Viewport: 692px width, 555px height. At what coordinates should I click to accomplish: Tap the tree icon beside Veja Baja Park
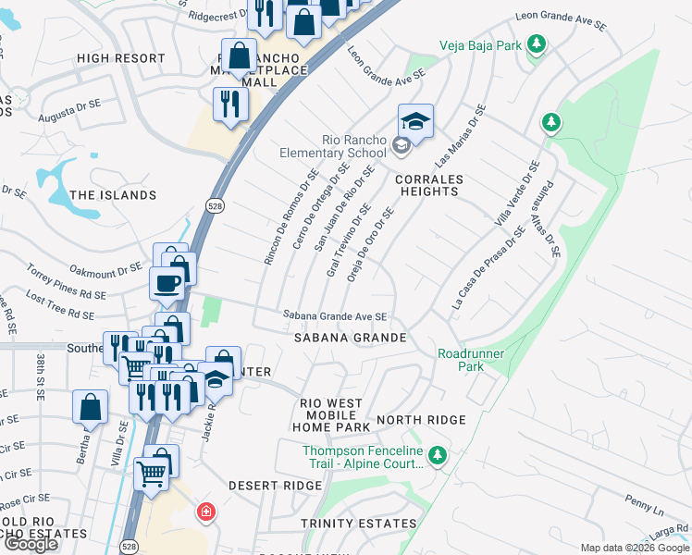[x=536, y=43]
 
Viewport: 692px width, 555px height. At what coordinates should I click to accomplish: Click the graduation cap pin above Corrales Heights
[x=415, y=121]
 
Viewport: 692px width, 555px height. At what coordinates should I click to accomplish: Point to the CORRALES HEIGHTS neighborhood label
[x=428, y=185]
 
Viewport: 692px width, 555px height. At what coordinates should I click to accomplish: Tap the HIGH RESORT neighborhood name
[x=121, y=58]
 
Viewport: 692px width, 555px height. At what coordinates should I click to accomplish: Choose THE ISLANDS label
[x=114, y=195]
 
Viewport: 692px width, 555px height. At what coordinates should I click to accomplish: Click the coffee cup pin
[x=167, y=283]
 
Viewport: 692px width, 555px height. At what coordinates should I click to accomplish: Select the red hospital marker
[x=205, y=512]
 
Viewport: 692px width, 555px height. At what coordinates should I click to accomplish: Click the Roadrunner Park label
[x=461, y=360]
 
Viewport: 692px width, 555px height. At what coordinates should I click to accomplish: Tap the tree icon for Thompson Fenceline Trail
[x=439, y=455]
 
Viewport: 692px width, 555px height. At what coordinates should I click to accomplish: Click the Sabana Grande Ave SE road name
[x=334, y=316]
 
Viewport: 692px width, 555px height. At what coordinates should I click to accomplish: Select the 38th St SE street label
[x=41, y=375]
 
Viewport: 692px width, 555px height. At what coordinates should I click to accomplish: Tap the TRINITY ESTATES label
[x=359, y=524]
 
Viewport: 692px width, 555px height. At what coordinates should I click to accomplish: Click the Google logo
[x=31, y=544]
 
